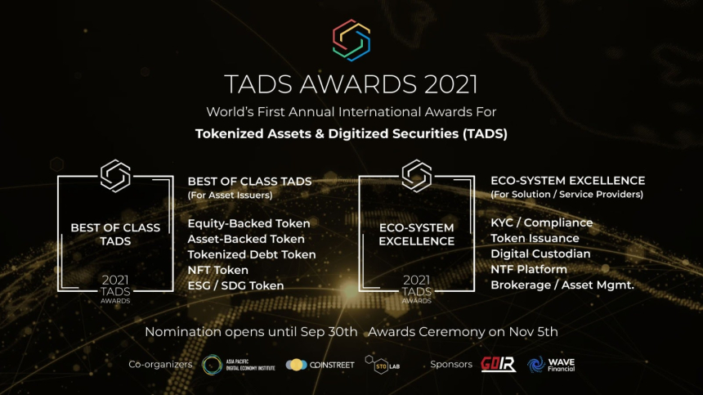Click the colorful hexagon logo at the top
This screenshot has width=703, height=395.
point(351,39)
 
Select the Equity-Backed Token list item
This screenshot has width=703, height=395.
point(249,223)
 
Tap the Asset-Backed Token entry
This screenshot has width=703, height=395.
point(246,239)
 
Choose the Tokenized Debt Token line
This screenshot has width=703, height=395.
point(252,254)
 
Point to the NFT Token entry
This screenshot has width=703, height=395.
point(217,270)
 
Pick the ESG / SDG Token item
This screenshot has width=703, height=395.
point(235,285)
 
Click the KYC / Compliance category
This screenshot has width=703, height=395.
point(541,222)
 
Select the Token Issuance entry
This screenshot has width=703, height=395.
point(535,238)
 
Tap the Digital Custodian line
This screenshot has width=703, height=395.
point(540,254)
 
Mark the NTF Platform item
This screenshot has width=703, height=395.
point(528,269)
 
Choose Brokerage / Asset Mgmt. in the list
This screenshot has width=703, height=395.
point(562,285)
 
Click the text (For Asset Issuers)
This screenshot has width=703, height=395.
point(230,195)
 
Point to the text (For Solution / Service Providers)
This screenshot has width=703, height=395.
point(566,195)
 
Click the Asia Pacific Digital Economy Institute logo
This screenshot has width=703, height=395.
point(236,365)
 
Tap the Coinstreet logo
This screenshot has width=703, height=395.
point(320,365)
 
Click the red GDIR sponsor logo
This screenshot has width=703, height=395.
point(498,365)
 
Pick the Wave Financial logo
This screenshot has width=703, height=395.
point(552,365)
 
